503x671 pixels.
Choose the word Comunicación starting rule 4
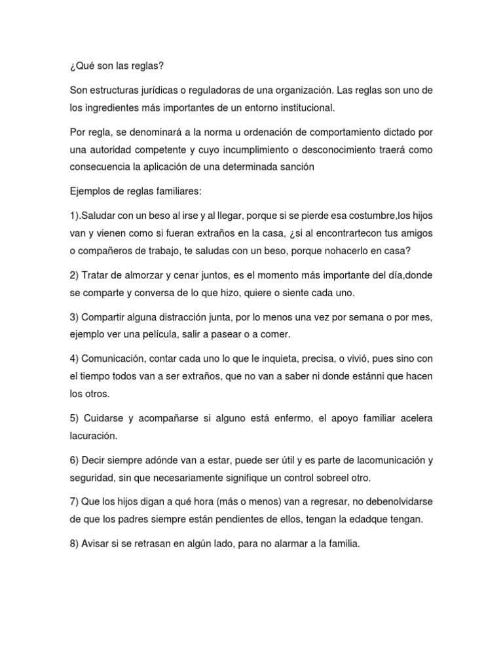tap(115, 358)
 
